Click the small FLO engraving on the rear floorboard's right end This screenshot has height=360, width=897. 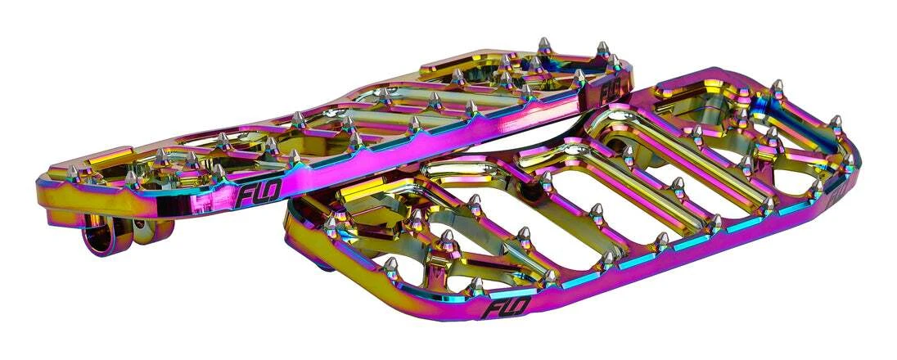click(610, 92)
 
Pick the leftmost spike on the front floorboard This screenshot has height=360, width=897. click(331, 223)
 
